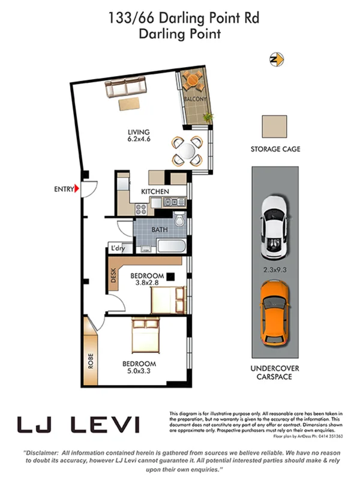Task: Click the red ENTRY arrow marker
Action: (77, 190)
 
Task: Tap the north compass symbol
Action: (277, 59)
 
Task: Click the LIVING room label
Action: (138, 133)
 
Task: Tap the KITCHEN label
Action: (155, 191)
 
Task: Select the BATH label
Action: (159, 230)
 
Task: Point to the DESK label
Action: (114, 275)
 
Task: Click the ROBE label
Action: (91, 360)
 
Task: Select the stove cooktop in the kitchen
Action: (142, 209)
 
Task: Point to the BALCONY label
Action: (196, 99)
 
